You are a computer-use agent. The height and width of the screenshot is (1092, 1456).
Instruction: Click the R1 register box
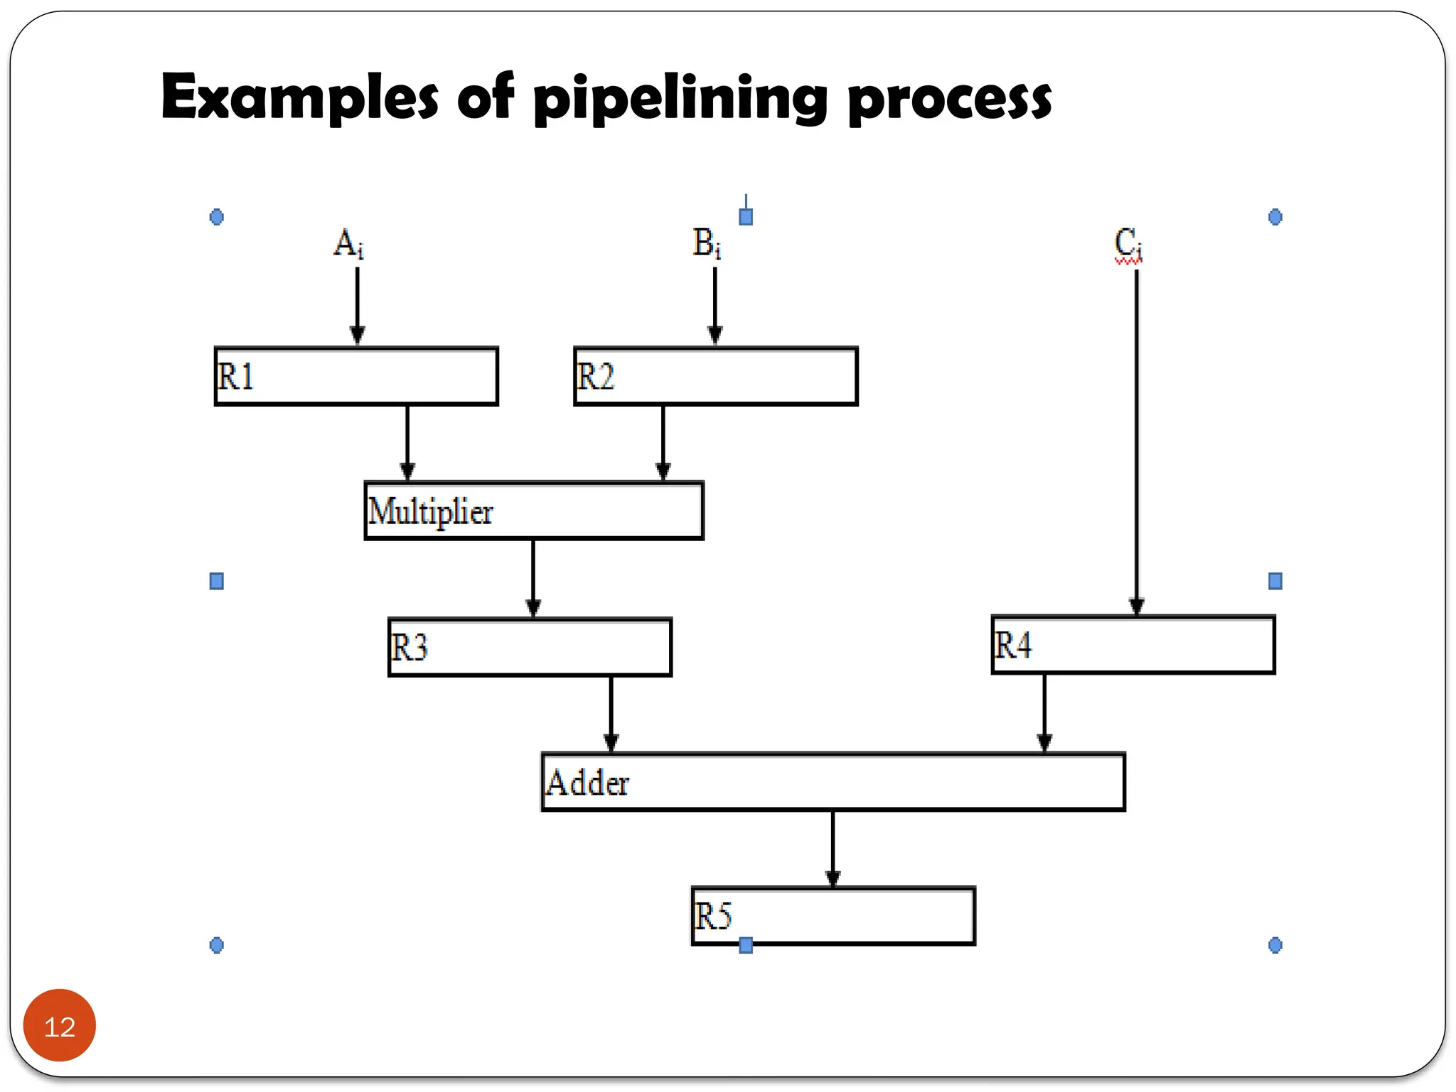point(356,376)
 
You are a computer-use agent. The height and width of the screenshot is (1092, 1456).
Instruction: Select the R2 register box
point(715,376)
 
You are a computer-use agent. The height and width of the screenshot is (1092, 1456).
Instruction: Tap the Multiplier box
point(533,510)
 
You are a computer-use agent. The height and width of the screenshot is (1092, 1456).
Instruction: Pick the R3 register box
point(530,647)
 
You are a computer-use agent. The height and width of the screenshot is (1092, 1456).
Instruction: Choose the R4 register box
point(1133,645)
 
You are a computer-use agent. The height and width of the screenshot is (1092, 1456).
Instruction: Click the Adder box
point(833,781)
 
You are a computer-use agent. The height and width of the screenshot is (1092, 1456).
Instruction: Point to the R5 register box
point(833,916)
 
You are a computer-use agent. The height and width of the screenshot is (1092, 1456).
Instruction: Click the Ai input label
point(349,244)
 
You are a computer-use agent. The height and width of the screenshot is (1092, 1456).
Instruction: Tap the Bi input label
point(707,244)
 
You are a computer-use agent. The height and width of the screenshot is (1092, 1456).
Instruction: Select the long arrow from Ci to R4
point(1136,441)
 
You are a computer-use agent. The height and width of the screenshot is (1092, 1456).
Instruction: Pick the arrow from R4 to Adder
point(1044,711)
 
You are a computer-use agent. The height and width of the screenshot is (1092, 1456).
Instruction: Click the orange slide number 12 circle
point(60,1025)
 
